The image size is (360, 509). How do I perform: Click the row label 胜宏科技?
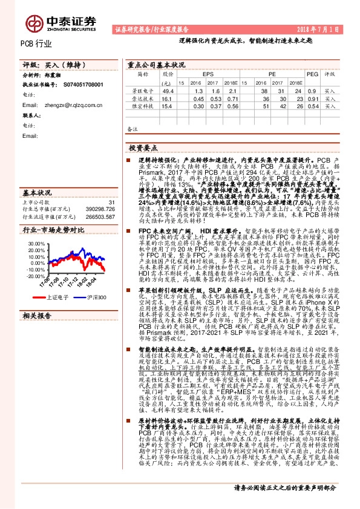click(x=140, y=105)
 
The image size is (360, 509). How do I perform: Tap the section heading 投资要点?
click(x=143, y=148)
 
